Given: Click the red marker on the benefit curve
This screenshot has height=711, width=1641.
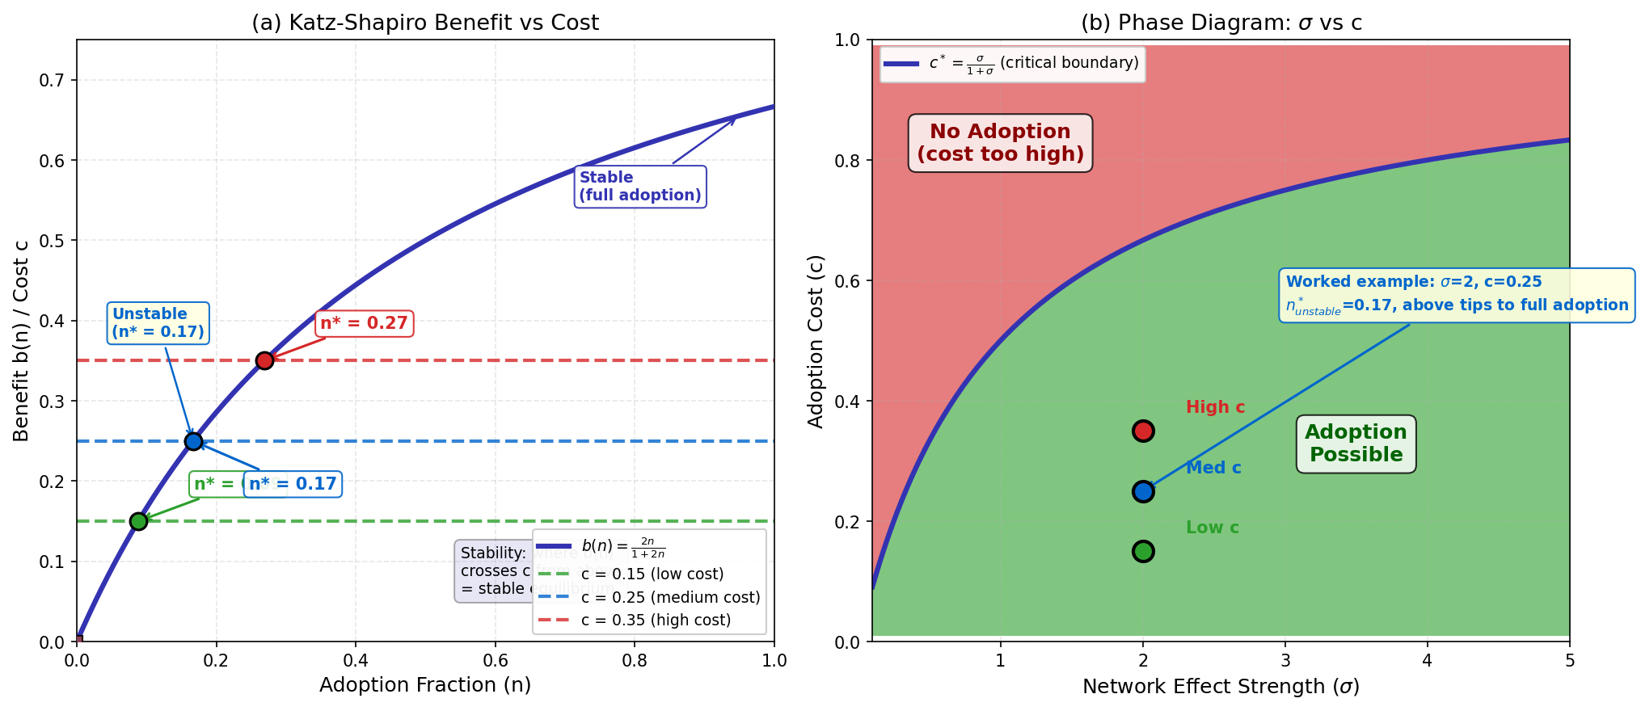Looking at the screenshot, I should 264,360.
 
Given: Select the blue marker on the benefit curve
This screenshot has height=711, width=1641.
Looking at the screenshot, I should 193,441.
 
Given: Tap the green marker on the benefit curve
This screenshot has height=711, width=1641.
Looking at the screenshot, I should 138,521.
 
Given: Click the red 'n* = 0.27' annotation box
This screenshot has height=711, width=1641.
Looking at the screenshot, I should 364,323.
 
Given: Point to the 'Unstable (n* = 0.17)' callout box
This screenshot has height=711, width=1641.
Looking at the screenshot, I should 158,323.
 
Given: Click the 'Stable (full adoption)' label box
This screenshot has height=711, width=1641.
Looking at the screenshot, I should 640,187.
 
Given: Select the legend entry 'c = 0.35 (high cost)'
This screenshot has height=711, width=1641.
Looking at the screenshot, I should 655,621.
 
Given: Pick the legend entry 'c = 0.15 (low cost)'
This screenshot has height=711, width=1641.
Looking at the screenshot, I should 652,574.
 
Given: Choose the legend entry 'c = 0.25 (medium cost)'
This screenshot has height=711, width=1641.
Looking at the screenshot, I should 670,598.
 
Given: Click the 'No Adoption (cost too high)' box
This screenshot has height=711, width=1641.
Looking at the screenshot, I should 1000,143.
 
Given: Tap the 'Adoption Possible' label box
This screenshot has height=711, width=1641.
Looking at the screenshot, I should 1356,444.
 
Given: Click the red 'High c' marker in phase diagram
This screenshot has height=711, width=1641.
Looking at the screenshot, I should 1143,431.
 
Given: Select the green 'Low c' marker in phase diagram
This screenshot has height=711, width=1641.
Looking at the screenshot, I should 1143,551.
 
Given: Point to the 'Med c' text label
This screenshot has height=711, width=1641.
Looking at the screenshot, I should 1213,468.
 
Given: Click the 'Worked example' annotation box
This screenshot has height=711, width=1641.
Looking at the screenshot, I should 1457,294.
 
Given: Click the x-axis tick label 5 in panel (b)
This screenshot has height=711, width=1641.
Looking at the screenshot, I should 1570,661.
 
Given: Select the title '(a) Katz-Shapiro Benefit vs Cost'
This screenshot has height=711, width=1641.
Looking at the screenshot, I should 425,23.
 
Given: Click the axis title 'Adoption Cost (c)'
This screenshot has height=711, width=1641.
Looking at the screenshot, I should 816,341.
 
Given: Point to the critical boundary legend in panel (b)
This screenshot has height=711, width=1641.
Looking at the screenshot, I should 1012,64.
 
